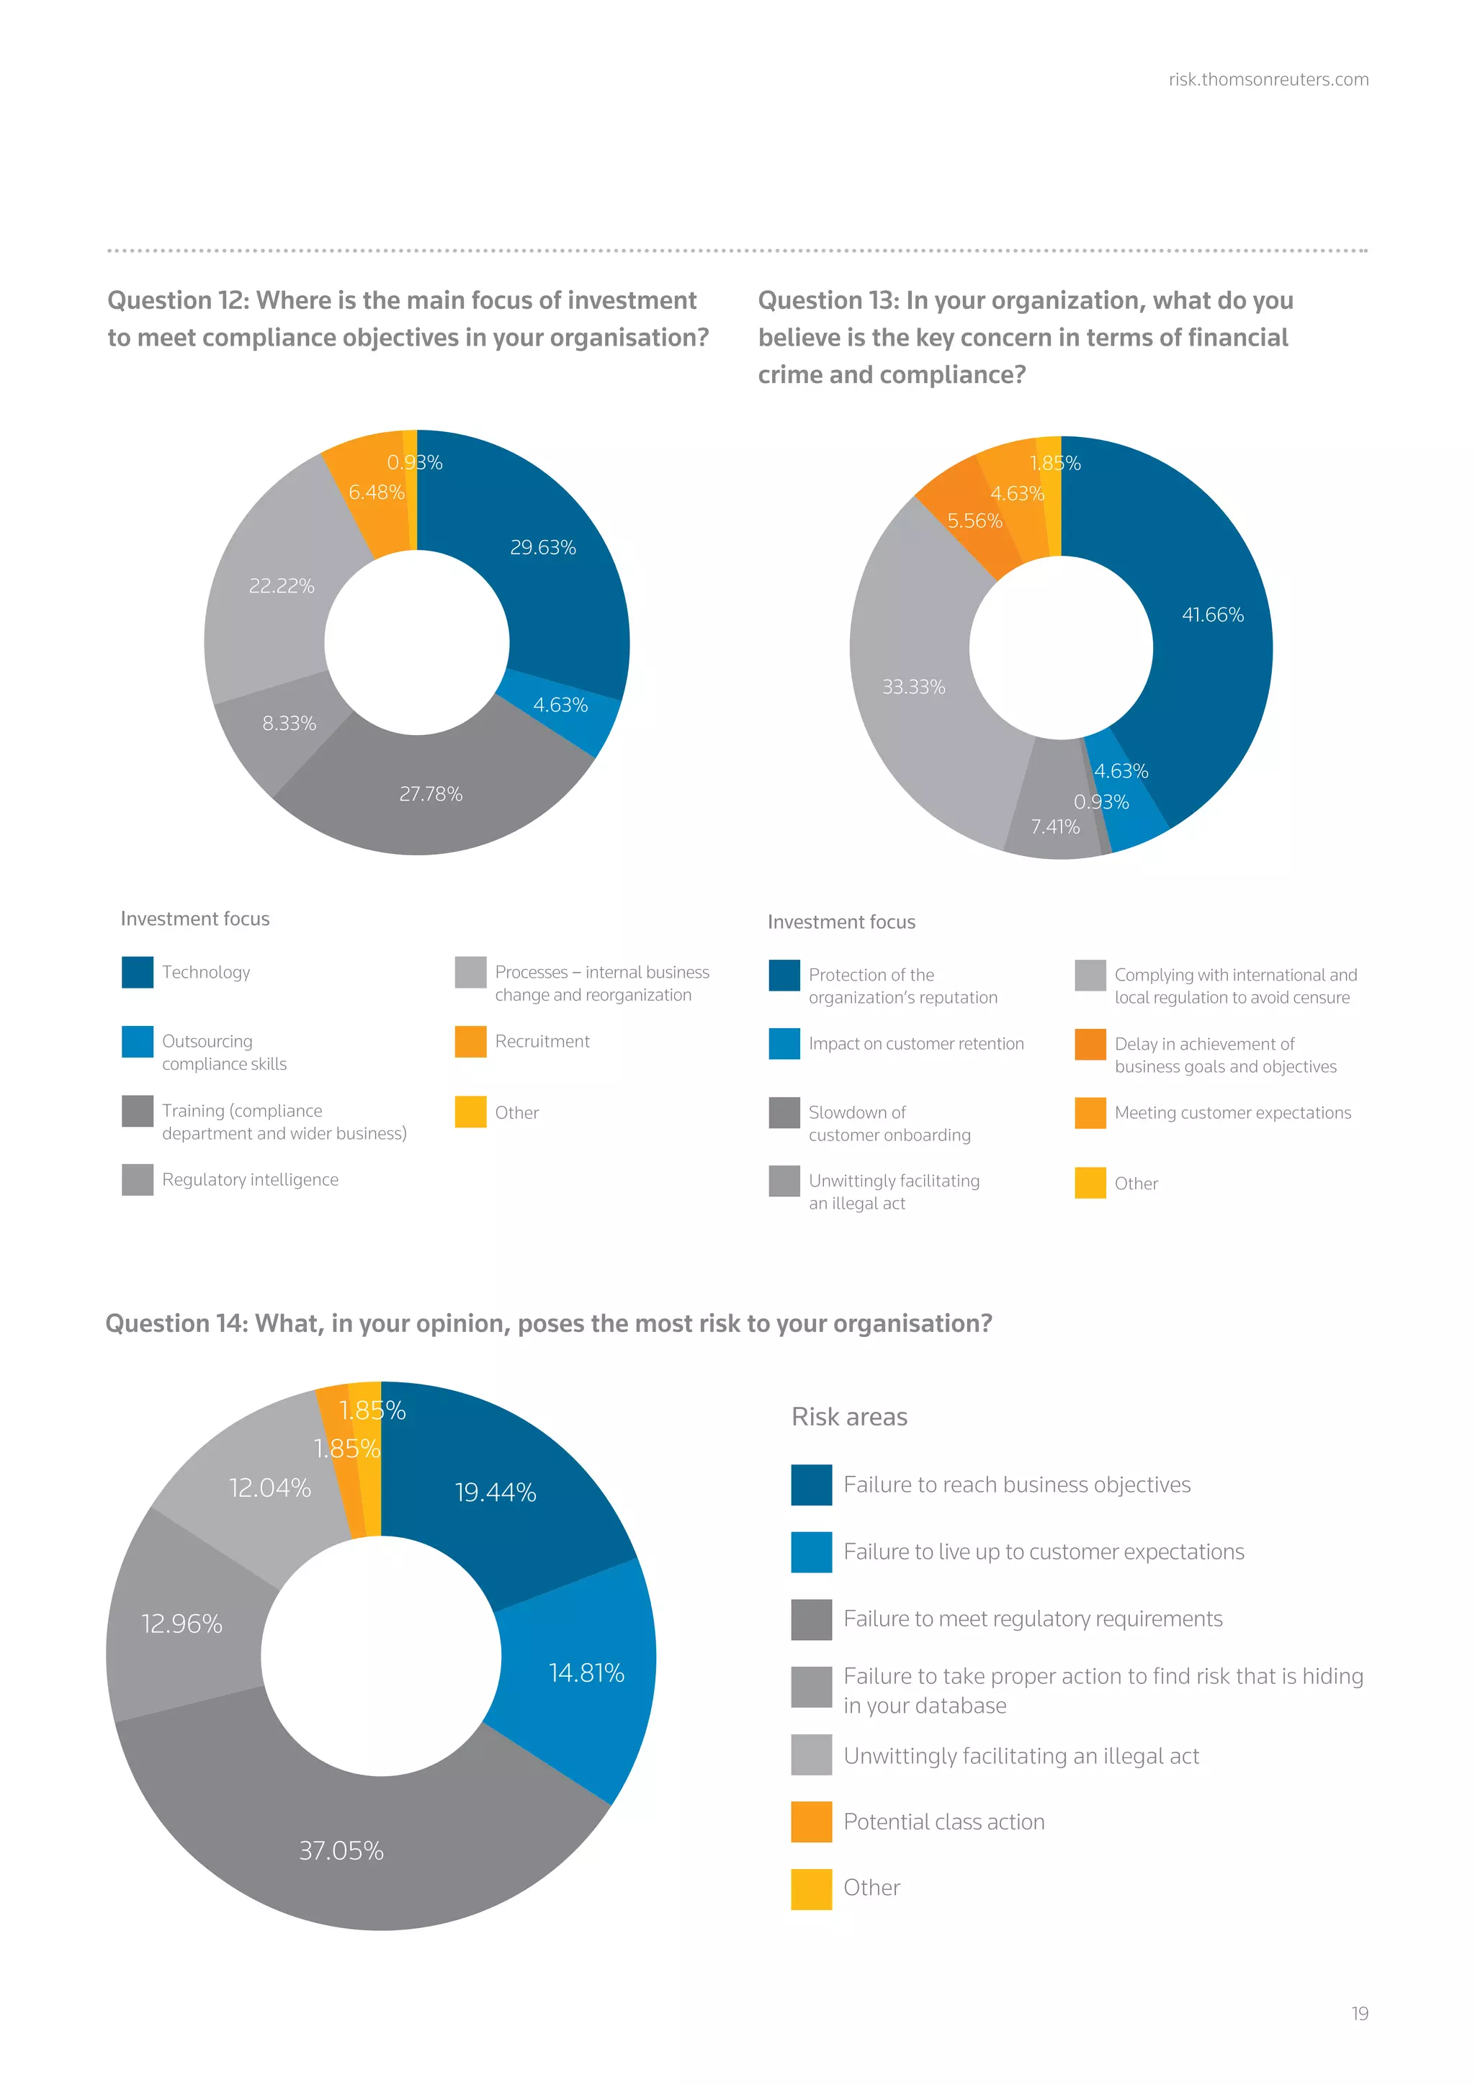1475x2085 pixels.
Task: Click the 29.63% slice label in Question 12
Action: click(x=542, y=548)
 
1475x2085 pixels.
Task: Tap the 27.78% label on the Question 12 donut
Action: click(x=431, y=795)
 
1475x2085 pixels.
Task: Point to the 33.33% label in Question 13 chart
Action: click(x=914, y=688)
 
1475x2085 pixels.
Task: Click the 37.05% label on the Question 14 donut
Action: click(x=341, y=1851)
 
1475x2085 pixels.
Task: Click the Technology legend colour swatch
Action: click(x=137, y=972)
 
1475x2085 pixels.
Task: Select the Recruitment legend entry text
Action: click(x=542, y=1042)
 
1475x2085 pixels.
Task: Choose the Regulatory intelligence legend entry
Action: click(x=250, y=1179)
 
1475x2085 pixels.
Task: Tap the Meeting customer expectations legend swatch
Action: click(x=1090, y=1113)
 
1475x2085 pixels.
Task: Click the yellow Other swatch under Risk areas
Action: click(x=811, y=1889)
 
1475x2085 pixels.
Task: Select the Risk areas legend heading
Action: click(x=849, y=1417)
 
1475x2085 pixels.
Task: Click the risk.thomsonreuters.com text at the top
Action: click(x=1268, y=80)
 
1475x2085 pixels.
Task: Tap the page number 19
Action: click(x=1359, y=2013)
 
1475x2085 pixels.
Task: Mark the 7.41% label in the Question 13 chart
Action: click(x=1054, y=827)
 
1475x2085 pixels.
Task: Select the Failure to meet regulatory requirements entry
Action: click(x=1032, y=1619)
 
